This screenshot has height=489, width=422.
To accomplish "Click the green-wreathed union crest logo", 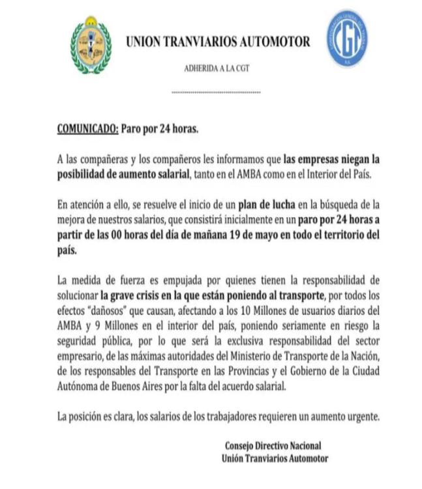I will [x=91, y=44].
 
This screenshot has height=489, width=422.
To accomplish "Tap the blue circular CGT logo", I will [x=346, y=38].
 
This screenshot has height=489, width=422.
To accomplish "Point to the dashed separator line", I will [x=215, y=92].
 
